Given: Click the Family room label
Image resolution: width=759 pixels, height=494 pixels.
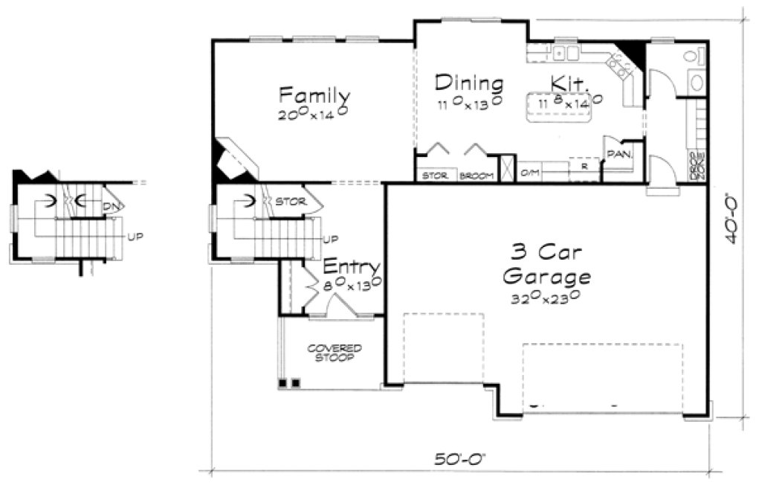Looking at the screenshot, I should coord(314,95).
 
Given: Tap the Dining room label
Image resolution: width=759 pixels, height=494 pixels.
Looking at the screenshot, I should coord(469,82).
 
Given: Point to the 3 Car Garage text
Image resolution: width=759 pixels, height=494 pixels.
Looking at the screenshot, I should coord(546,264).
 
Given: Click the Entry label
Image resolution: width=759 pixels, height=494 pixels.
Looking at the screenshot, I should coord(352,267).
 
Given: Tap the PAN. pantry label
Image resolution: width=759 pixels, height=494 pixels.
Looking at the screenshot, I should coord(618,154).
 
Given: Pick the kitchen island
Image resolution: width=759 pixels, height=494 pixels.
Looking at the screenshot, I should coord(563,109).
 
